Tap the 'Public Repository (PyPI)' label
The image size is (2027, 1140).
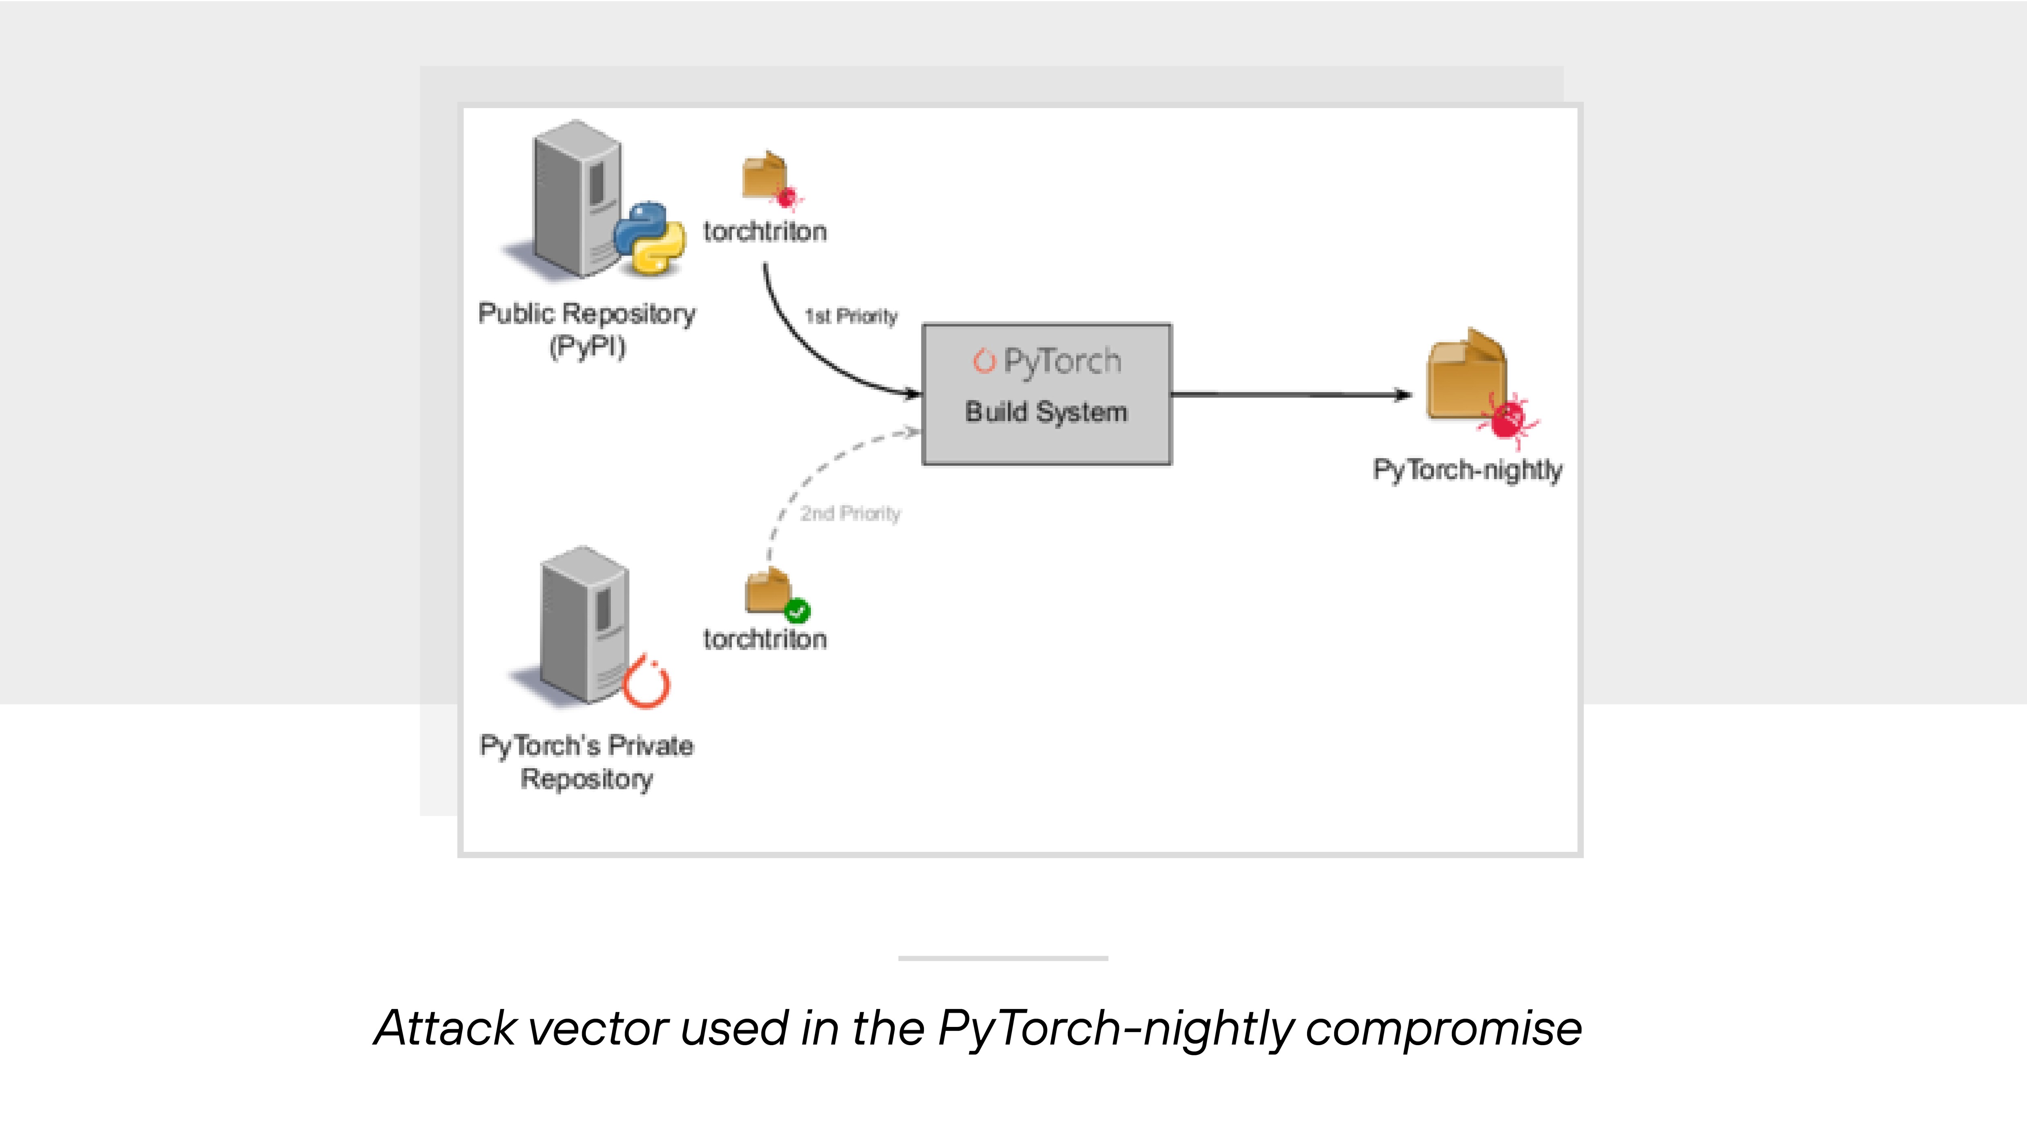pos(587,330)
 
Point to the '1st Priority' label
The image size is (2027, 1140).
pos(851,316)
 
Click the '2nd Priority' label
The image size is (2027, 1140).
pos(850,514)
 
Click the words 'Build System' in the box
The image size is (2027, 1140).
pos(1047,411)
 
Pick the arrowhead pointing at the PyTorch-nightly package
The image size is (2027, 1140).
pos(1403,395)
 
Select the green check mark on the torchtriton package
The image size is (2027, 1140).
pos(797,611)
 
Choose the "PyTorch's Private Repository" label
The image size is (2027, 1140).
pos(587,762)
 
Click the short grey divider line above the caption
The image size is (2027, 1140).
pos(1003,958)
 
